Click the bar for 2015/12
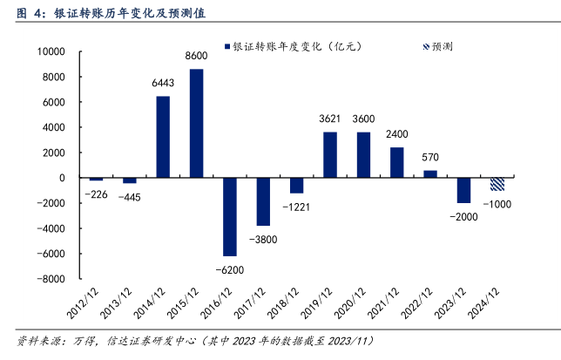click(x=196, y=123)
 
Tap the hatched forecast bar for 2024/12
click(x=497, y=184)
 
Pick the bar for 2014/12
click(x=163, y=137)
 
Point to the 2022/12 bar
click(x=429, y=174)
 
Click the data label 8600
click(x=196, y=57)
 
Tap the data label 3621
click(x=330, y=119)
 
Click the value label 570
click(x=430, y=158)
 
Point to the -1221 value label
click(x=295, y=207)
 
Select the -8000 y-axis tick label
click(x=51, y=280)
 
